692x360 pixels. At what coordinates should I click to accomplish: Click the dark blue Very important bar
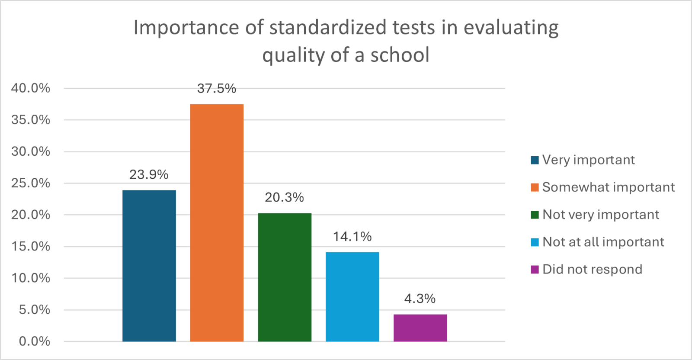click(149, 266)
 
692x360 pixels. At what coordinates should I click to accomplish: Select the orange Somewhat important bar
click(217, 222)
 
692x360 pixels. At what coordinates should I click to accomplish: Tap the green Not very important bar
click(285, 277)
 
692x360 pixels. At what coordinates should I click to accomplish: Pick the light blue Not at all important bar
click(352, 296)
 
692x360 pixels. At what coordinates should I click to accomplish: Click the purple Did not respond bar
click(420, 328)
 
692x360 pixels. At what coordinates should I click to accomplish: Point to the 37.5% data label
click(217, 89)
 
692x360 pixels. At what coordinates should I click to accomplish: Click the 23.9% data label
click(149, 175)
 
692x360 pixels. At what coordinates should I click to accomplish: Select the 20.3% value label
click(284, 198)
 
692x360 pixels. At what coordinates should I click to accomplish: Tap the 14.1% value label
click(352, 237)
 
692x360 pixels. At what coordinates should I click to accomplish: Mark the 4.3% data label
click(420, 299)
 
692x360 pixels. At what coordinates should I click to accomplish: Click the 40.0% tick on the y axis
click(31, 88)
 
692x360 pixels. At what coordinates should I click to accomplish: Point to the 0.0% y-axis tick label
click(34, 341)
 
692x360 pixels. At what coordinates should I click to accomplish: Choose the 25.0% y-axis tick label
click(31, 183)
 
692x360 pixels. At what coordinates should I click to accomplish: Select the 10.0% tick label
click(31, 278)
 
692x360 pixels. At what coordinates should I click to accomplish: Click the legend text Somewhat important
click(608, 187)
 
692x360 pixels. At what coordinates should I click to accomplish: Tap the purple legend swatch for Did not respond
click(535, 270)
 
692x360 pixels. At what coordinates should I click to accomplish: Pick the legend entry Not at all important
click(603, 242)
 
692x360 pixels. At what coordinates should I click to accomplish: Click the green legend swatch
click(535, 215)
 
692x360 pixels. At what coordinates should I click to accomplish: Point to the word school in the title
click(400, 55)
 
